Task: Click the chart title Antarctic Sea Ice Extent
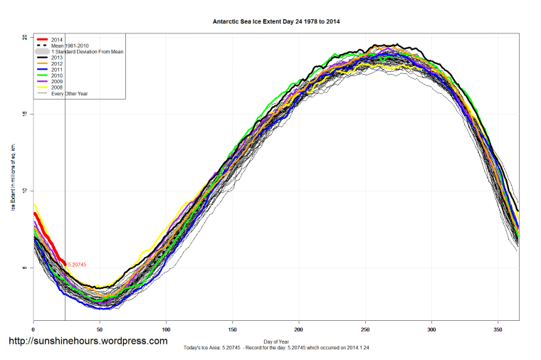point(276,21)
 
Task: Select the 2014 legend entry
point(58,40)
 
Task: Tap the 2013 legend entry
point(58,58)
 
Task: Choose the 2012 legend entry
point(58,63)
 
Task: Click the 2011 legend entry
point(58,70)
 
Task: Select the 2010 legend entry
point(58,75)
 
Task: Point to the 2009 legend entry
point(58,81)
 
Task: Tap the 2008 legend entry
point(58,88)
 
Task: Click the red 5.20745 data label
point(78,265)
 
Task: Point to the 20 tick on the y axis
point(24,37)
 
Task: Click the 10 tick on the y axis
point(24,191)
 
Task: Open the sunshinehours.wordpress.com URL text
point(88,342)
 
